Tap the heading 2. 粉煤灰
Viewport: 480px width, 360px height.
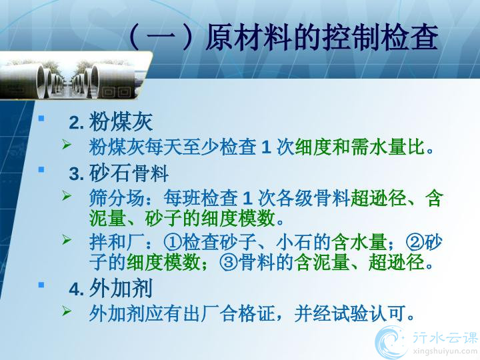111,122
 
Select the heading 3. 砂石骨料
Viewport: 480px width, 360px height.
119,173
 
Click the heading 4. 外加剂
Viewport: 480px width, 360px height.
111,289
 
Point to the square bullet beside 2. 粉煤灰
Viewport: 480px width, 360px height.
41,118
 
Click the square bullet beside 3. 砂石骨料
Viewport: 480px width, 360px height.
41,169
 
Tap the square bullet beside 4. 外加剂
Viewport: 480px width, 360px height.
41,285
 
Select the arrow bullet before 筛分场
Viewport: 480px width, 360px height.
67,195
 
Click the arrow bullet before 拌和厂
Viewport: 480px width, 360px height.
67,240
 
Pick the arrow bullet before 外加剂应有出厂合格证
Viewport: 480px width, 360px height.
67,311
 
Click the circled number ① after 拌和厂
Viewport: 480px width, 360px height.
173,243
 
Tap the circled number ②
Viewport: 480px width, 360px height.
415,243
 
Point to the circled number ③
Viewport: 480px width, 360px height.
229,263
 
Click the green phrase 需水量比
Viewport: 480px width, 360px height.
388,147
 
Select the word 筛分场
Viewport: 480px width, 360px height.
117,198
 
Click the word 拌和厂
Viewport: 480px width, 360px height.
117,243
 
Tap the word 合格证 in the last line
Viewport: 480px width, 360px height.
247,314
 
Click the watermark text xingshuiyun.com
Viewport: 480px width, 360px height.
445,351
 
